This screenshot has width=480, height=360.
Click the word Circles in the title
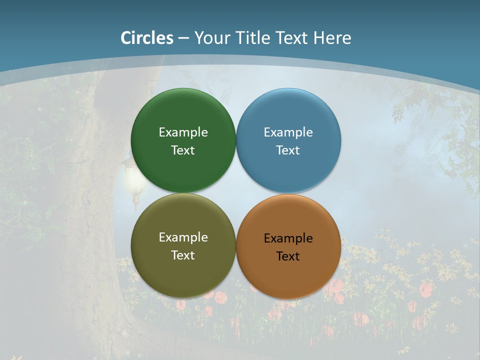coord(147,38)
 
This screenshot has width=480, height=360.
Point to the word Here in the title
coord(332,38)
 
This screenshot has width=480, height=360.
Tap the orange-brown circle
coord(288,275)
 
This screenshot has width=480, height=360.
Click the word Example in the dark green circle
coord(183,132)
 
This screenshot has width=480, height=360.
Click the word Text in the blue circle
coord(288,150)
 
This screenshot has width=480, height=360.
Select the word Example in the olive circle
coord(183,237)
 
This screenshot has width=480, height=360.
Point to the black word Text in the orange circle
coord(288,256)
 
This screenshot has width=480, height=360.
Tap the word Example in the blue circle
coord(288,132)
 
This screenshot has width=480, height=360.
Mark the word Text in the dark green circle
coord(183,150)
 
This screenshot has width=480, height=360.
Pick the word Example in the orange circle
coord(288,238)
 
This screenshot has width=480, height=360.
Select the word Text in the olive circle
coord(183,255)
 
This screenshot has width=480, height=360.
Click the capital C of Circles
coord(126,38)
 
